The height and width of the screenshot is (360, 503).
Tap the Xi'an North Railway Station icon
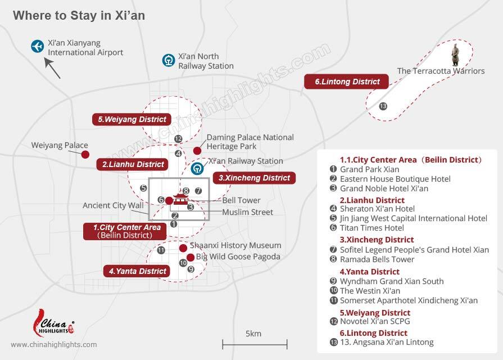168,60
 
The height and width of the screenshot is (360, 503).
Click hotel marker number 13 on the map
383,106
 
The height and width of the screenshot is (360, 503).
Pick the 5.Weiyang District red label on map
132,119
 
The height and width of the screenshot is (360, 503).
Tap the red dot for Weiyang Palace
85,154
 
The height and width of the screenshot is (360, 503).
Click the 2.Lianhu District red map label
133,164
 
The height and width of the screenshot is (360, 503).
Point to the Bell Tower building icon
181,200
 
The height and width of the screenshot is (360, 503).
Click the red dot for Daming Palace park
197,150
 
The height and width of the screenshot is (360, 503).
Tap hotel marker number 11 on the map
161,250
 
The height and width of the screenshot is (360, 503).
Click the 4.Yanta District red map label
138,271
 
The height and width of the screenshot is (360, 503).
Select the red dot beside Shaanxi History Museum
183,248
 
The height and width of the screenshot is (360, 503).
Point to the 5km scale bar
255,342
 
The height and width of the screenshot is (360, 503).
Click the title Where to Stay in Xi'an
79,15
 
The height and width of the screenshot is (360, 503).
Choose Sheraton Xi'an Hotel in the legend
377,209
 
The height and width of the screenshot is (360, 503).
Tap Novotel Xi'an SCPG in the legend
375,322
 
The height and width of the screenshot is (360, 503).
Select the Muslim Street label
247,212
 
